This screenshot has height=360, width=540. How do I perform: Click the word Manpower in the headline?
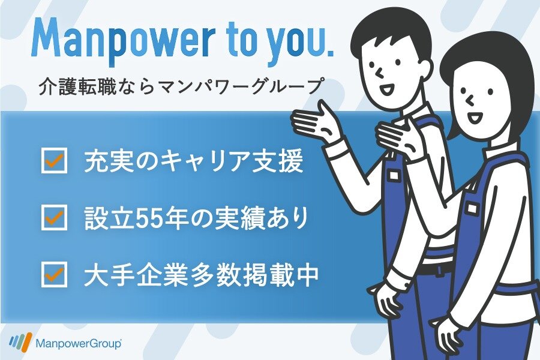(120, 41)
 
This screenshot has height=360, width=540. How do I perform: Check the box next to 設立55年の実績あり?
(54, 217)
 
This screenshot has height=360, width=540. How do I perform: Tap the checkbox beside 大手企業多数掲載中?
(54, 274)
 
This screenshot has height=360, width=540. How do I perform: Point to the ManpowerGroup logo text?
(79, 343)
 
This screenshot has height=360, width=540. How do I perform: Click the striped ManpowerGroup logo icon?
(20, 342)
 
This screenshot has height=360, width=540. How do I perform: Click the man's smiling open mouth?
(387, 90)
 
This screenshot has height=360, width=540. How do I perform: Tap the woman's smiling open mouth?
(476, 118)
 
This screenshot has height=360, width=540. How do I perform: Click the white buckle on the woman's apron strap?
(470, 208)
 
